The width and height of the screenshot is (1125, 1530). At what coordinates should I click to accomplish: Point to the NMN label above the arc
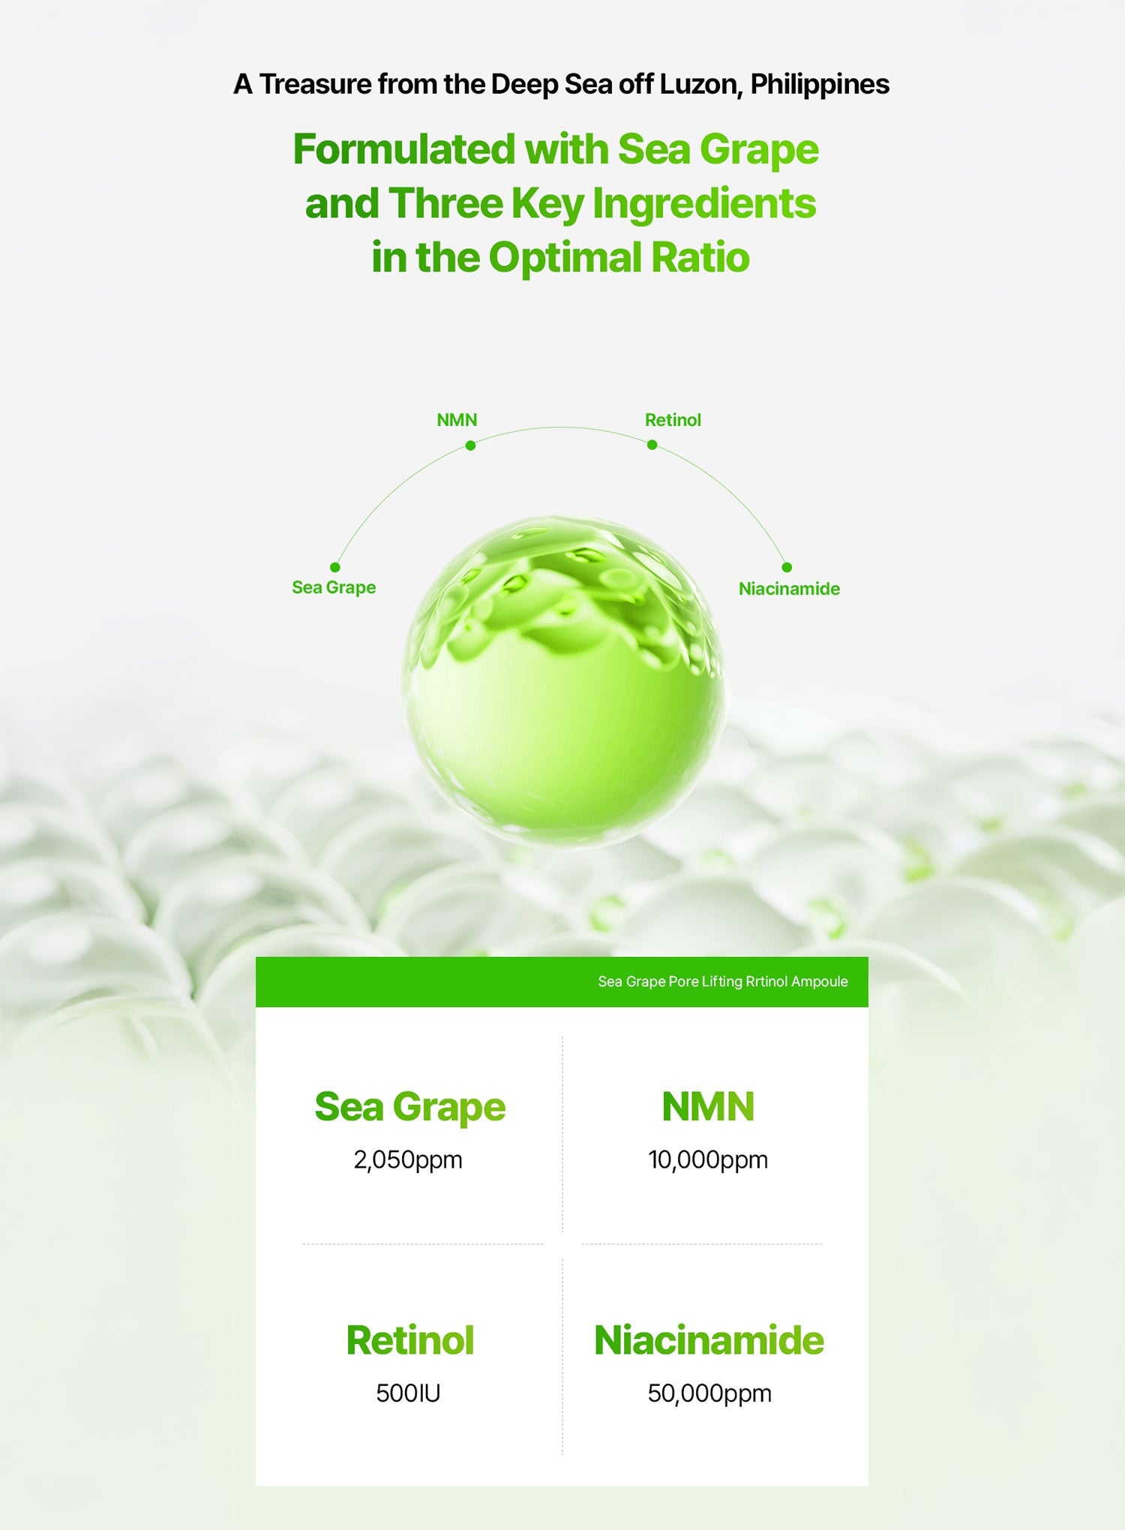point(457,420)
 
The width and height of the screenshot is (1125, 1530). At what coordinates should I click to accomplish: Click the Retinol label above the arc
point(673,420)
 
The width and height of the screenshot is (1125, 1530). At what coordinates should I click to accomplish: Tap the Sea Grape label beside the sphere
point(334,588)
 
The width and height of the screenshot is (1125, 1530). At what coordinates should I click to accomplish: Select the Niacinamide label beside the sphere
point(789,589)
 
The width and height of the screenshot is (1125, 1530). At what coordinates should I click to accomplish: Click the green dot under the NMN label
point(470,445)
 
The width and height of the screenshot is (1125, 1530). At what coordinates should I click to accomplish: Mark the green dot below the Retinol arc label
point(652,445)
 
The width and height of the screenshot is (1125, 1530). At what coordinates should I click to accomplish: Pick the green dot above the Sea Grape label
point(335,567)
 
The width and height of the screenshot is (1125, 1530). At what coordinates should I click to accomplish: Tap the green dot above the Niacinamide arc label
point(787,567)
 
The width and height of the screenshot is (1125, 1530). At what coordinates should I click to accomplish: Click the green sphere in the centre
point(563,680)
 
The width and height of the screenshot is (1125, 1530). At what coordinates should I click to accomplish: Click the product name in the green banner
point(723,982)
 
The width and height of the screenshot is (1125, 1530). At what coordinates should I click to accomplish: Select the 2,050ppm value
point(408,1160)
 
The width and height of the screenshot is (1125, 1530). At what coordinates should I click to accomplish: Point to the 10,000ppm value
point(708,1160)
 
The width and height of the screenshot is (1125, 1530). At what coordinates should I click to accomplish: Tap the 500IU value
point(408,1393)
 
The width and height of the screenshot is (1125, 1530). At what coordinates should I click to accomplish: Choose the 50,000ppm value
point(709,1393)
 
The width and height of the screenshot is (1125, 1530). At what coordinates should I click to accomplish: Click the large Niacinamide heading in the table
point(709,1340)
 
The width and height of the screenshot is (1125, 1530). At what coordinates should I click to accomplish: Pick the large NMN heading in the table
point(708,1107)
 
